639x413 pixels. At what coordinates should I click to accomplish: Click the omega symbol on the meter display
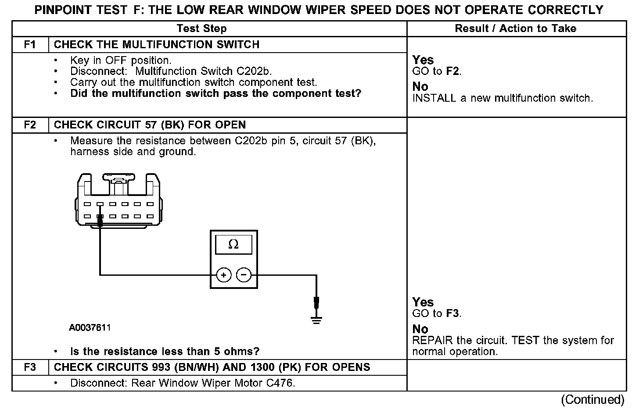tap(233, 245)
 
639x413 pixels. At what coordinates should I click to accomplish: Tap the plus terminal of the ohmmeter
tap(224, 275)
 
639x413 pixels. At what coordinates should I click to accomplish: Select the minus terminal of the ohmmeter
tap(244, 275)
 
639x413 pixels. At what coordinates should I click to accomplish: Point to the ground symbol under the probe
tap(316, 320)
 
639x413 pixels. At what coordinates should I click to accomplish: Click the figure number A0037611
tap(90, 328)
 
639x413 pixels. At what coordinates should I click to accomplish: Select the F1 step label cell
tap(30, 45)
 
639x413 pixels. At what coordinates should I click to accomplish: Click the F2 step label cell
tap(30, 125)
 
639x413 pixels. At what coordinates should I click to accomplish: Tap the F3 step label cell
tap(30, 367)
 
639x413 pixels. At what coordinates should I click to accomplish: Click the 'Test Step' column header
tap(201, 29)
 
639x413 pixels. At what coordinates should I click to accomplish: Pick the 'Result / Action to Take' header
tap(516, 29)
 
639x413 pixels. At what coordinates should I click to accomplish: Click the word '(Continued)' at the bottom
tap(592, 400)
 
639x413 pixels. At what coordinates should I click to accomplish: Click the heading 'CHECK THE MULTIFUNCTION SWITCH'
tap(157, 45)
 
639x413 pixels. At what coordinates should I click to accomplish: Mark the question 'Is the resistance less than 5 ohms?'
tap(165, 352)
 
